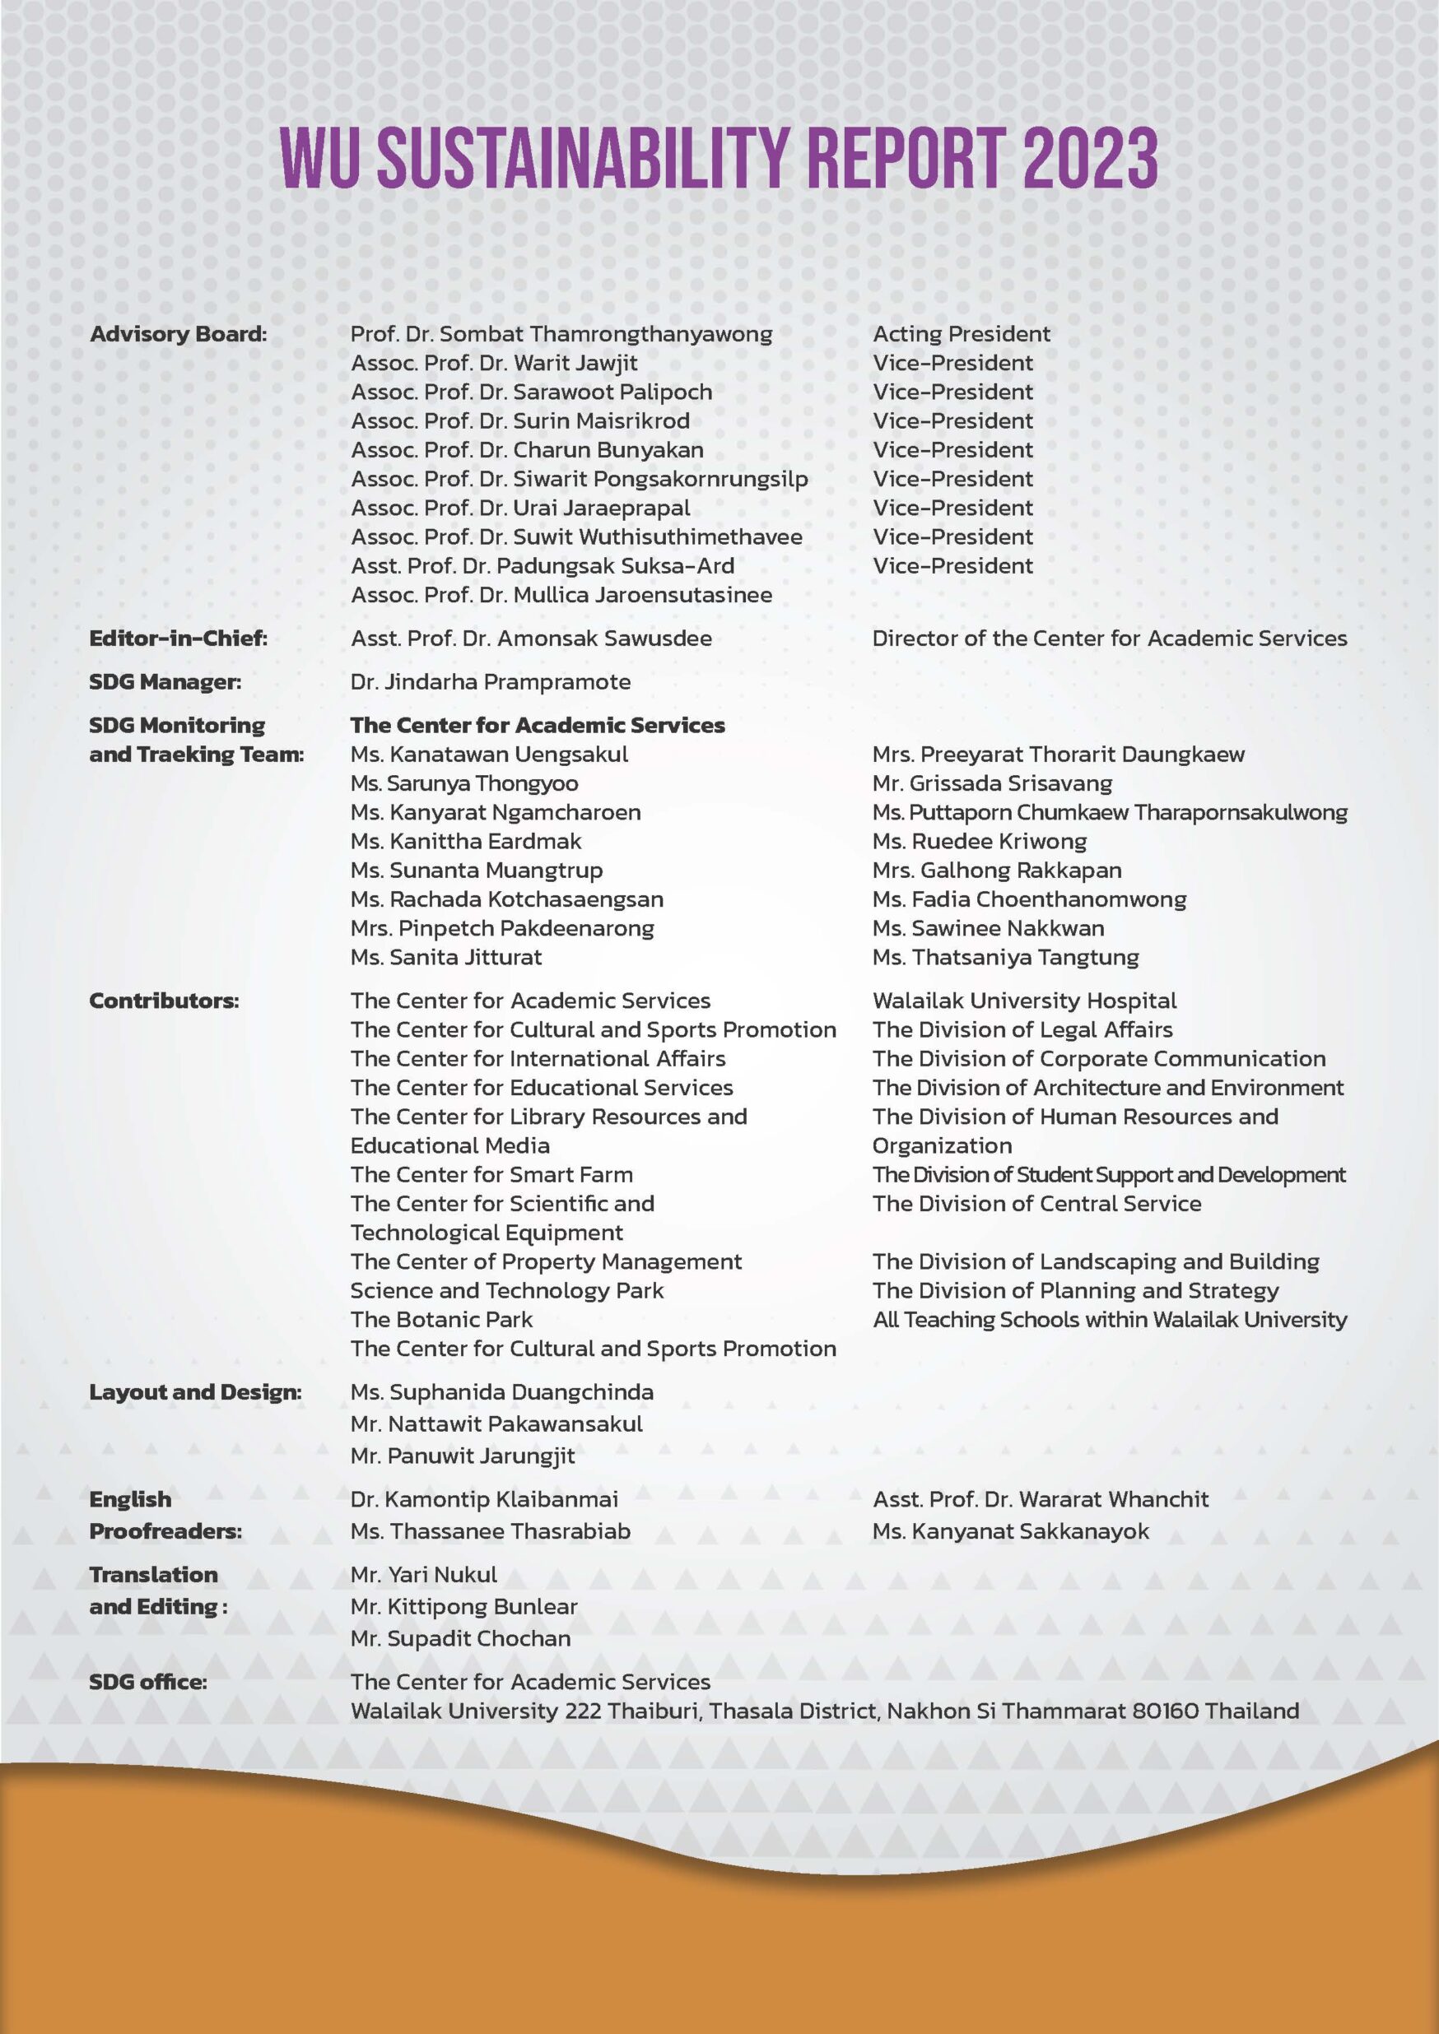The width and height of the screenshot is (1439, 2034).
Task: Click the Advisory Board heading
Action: (x=177, y=334)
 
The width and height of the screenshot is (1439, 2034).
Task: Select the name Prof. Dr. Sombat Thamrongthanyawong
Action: (x=561, y=334)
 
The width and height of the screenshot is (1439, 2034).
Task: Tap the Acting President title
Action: (x=961, y=334)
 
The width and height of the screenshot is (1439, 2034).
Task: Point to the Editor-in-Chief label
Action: (x=178, y=638)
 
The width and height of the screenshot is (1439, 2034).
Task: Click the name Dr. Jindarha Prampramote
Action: (x=490, y=681)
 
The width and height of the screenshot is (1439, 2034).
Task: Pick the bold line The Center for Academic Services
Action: (x=537, y=725)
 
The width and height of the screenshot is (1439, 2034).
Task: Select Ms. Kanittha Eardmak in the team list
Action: (x=466, y=841)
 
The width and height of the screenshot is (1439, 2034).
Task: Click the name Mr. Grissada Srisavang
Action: (x=991, y=783)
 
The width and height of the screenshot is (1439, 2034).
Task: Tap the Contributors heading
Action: (x=164, y=1001)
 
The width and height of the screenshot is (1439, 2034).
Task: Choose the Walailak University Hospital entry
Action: (x=1024, y=1001)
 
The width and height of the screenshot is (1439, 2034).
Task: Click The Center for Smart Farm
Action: (x=491, y=1175)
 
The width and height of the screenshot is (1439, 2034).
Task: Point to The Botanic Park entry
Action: (x=441, y=1319)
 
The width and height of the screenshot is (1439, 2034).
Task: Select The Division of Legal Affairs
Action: (x=1022, y=1029)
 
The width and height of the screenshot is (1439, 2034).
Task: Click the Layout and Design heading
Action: (x=195, y=1391)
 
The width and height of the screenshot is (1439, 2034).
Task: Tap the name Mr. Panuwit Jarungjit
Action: (x=463, y=1456)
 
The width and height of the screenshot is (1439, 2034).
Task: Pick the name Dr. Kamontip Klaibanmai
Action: (x=484, y=1499)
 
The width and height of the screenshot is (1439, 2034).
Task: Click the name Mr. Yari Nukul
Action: (x=423, y=1574)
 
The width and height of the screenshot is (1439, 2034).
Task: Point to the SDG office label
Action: (x=148, y=1681)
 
